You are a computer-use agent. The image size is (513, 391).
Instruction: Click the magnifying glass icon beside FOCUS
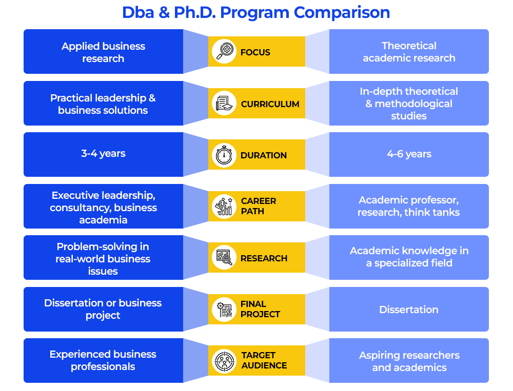pos(224,51)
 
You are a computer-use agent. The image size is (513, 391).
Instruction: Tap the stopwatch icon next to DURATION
pos(224,155)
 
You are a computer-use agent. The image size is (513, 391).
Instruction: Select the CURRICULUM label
pos(270,104)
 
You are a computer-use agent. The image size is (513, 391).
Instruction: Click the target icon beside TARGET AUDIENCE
pos(224,361)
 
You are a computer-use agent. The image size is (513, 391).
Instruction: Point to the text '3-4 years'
pos(103,153)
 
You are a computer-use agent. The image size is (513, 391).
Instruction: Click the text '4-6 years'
pos(409,154)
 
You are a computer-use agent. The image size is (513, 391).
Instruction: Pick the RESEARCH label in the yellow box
pos(264,258)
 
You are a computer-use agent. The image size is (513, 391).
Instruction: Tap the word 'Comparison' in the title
pos(342,13)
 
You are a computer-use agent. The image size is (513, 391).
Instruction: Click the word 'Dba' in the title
pos(137,13)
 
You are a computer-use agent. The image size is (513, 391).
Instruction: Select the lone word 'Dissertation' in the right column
pos(409,310)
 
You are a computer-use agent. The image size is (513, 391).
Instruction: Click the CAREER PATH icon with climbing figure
pos(224,207)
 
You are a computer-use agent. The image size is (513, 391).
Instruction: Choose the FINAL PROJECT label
pos(260,309)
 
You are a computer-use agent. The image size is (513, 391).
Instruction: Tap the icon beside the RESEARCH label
pos(224,257)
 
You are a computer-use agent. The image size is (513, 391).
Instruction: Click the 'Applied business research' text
pos(103,52)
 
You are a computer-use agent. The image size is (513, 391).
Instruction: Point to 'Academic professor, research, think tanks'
pos(409,206)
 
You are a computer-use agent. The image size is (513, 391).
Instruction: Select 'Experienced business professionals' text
pos(103,360)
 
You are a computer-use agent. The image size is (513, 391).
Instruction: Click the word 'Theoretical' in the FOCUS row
pos(409,46)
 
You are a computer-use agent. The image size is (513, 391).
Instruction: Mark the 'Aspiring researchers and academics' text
pos(409,361)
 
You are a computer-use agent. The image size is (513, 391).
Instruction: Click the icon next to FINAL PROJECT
pos(224,309)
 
